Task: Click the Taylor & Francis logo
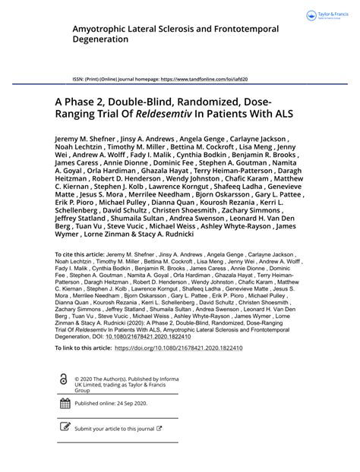[325, 15]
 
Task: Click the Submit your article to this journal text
[114, 429]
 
